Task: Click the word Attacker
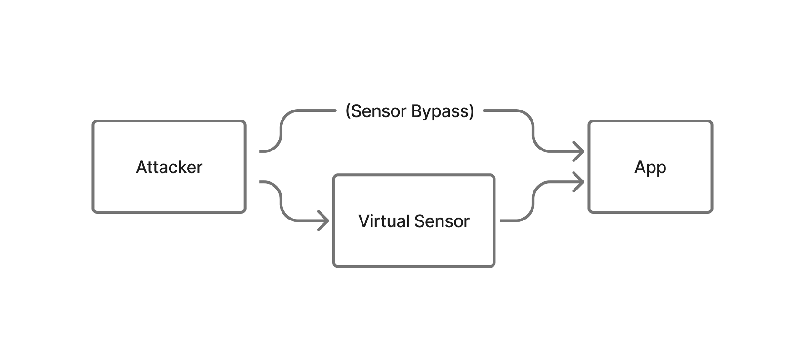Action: [x=169, y=167]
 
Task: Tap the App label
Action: [x=650, y=167]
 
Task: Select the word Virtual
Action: [x=383, y=221]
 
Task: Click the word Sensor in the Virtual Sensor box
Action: [x=442, y=221]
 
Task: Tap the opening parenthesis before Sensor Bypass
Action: [x=348, y=111]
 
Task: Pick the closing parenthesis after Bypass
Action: [x=472, y=111]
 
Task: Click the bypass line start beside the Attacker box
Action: [x=262, y=151]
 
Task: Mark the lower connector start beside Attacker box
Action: [x=262, y=182]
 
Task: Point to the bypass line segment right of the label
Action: [x=500, y=110]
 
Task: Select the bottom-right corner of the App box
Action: [x=711, y=211]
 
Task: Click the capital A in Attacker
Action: [x=141, y=167]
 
